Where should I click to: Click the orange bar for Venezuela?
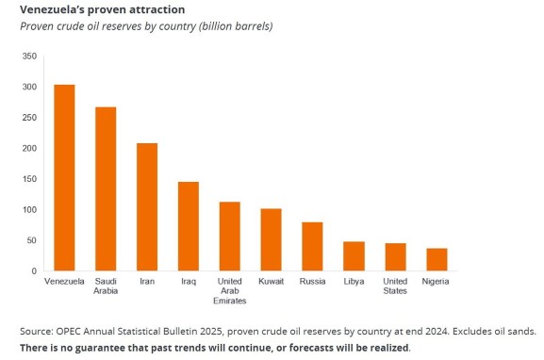pyautogui.click(x=65, y=178)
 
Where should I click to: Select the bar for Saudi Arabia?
pyautogui.click(x=106, y=189)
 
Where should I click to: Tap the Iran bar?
pyautogui.click(x=147, y=207)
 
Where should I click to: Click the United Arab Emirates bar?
pyautogui.click(x=230, y=237)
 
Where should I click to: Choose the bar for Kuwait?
pyautogui.click(x=271, y=240)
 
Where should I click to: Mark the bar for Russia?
pyautogui.click(x=312, y=247)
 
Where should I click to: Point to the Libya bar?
pyautogui.click(x=354, y=256)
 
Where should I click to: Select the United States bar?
pyautogui.click(x=395, y=257)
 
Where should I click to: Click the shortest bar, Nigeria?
pyautogui.click(x=437, y=260)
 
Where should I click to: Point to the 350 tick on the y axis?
pyautogui.click(x=29, y=57)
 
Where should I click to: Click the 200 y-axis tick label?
pyautogui.click(x=29, y=149)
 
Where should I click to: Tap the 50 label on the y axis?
pyautogui.click(x=32, y=241)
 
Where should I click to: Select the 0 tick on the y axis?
pyautogui.click(x=35, y=271)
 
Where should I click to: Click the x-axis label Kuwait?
pyautogui.click(x=271, y=281)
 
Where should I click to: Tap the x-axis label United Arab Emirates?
pyautogui.click(x=230, y=290)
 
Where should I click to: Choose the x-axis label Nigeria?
pyautogui.click(x=437, y=281)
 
